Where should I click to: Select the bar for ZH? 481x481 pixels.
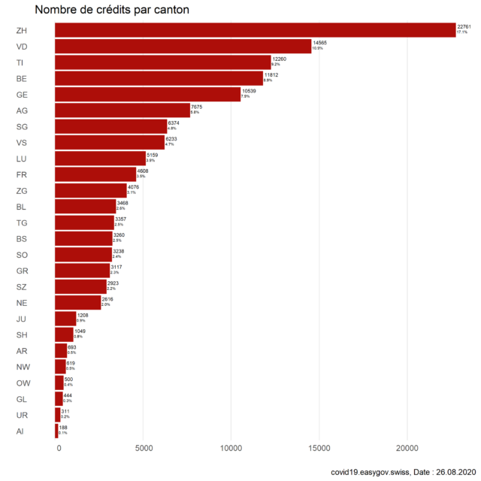point(256,30)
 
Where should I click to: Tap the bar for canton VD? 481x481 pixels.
point(183,46)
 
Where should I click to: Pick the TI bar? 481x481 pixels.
point(163,62)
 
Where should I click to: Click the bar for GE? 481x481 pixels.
point(148,94)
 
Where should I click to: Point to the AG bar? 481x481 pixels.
point(123,110)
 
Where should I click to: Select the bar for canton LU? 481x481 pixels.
point(101,158)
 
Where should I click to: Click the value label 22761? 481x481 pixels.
point(464,26)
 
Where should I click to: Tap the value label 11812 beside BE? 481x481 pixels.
point(272,74)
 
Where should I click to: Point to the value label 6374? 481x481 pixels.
point(174,123)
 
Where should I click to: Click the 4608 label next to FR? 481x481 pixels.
point(143,171)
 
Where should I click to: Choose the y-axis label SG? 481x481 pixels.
point(22,126)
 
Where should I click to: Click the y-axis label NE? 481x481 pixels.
point(22,303)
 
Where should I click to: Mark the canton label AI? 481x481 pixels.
point(20,431)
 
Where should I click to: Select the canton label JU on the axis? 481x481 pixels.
point(21,319)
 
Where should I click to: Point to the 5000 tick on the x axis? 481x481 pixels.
point(144,449)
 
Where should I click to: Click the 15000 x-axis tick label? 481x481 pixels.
point(319,449)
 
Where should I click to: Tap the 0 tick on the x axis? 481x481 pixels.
point(59,449)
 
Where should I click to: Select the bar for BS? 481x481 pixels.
point(84,238)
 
